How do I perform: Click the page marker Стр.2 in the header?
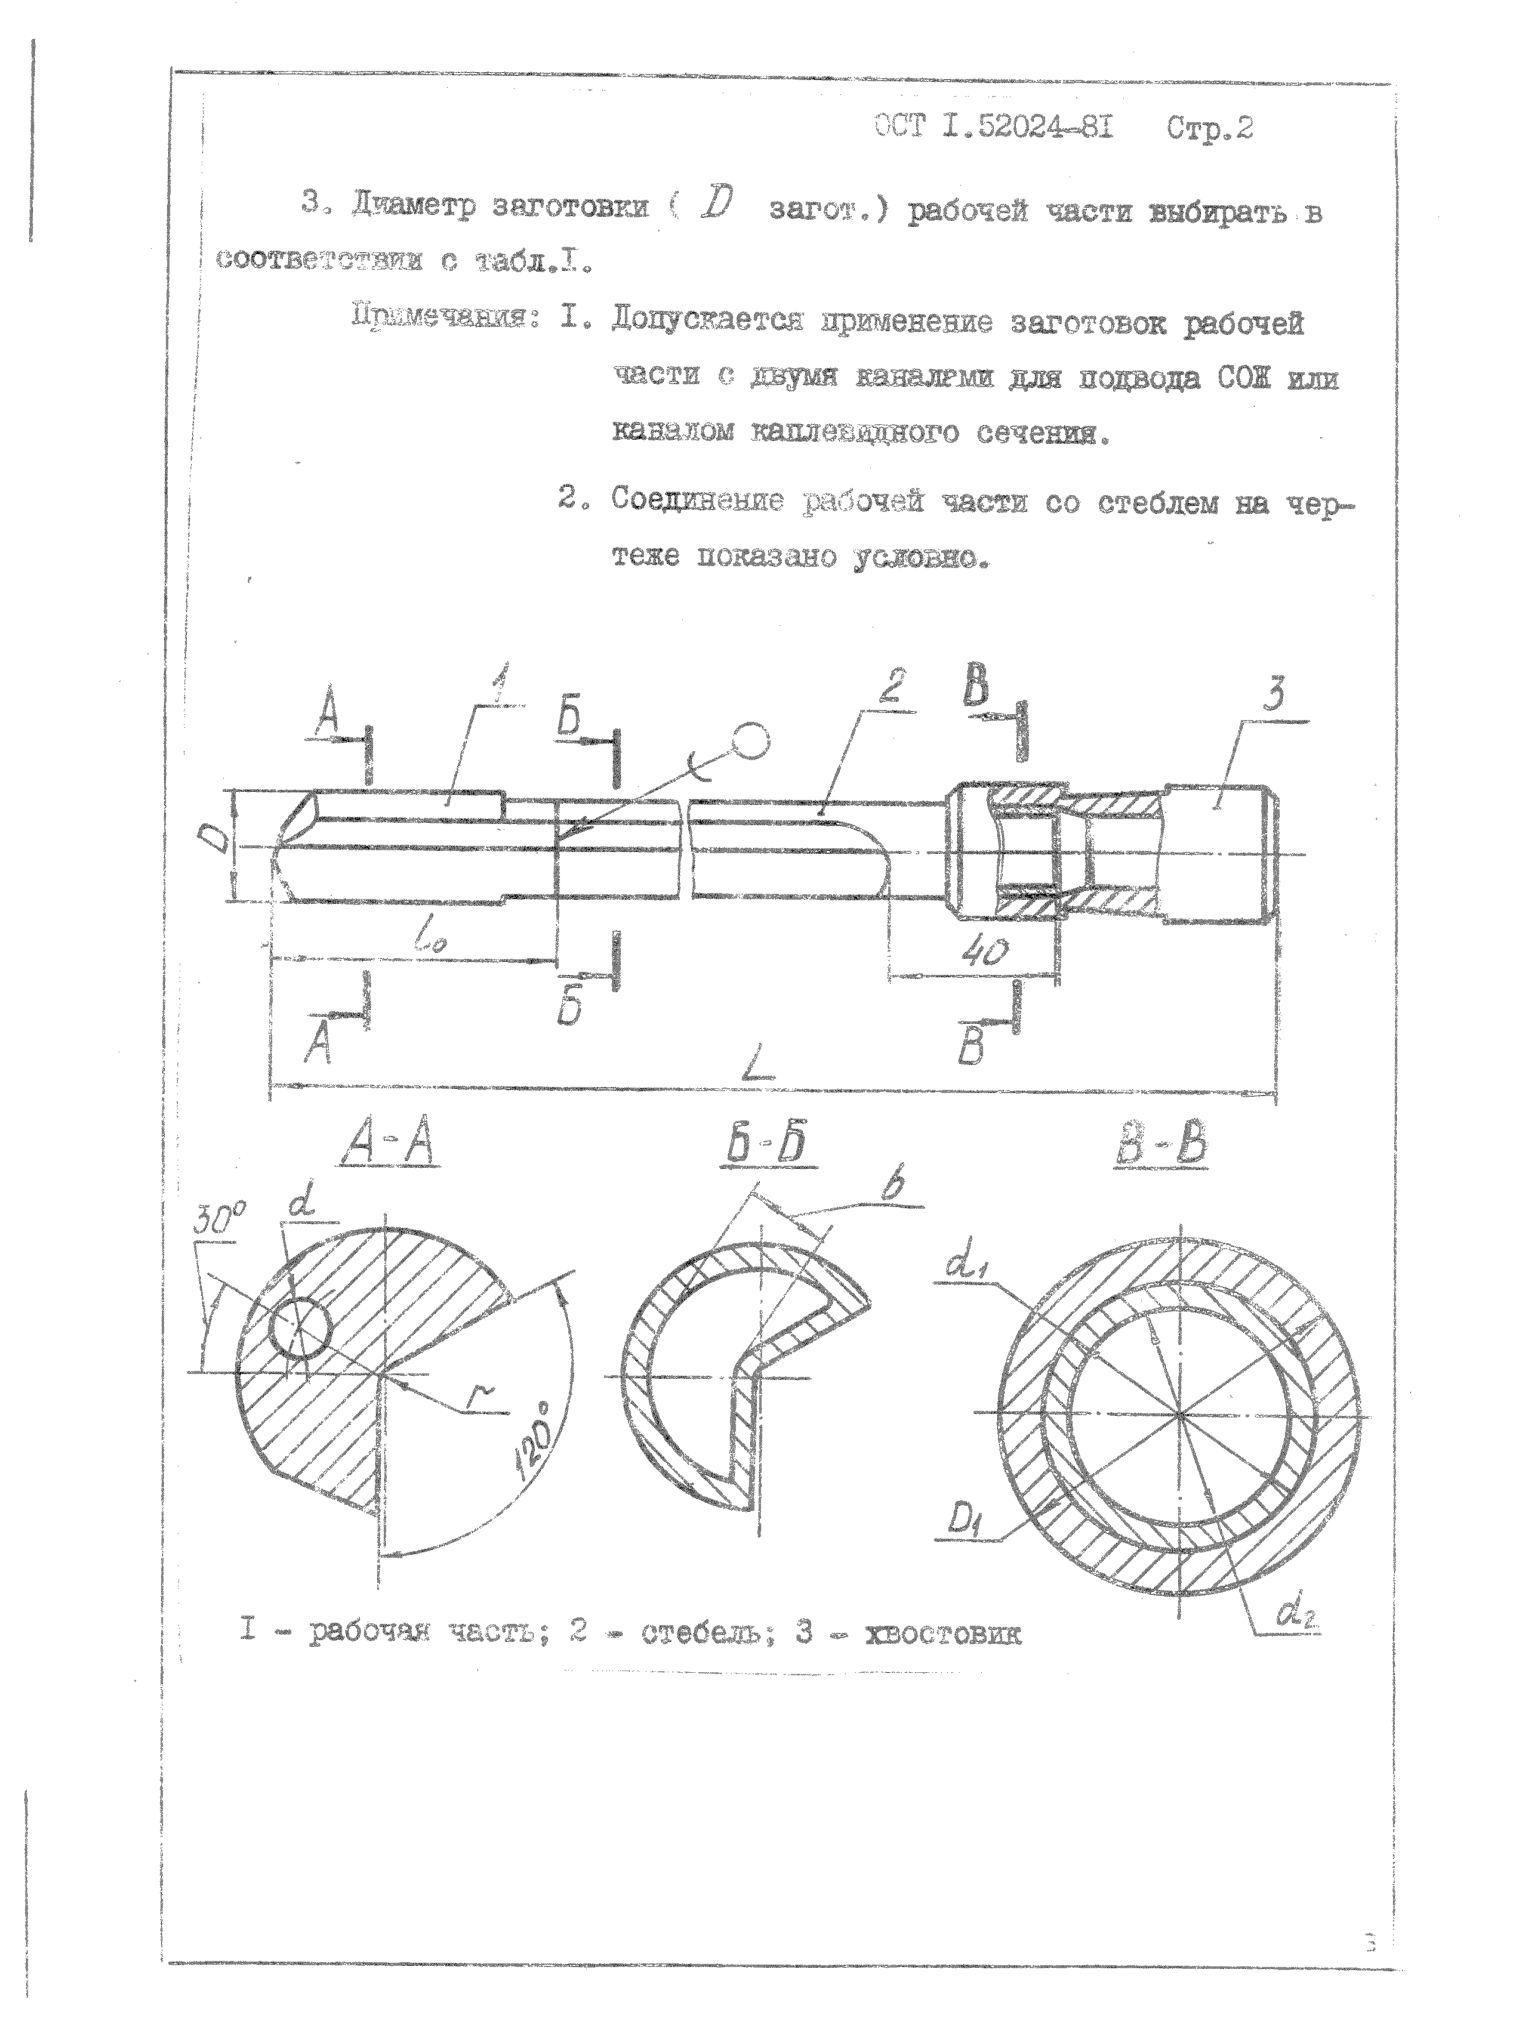point(1209,128)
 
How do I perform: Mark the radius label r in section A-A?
point(477,1396)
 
